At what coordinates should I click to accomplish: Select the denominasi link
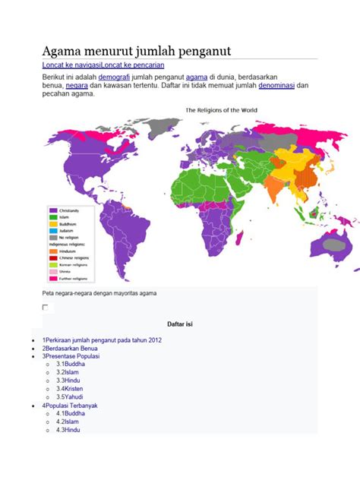276,87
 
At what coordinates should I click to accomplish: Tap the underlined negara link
77,87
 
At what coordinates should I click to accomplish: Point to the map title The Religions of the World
223,110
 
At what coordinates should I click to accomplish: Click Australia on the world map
334,243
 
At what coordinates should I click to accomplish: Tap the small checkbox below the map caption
46,307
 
